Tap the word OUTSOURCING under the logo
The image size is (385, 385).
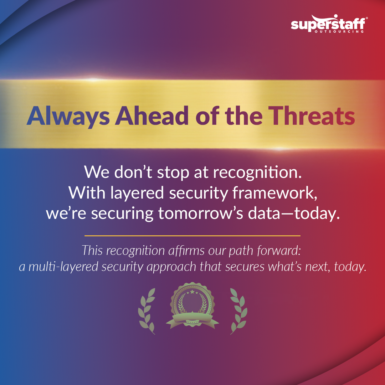(x=339, y=32)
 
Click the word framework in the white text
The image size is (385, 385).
(x=275, y=193)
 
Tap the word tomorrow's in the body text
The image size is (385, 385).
(x=201, y=213)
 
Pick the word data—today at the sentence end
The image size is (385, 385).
(x=294, y=214)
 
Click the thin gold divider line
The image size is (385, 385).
(x=192, y=236)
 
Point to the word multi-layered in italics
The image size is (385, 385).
(x=63, y=267)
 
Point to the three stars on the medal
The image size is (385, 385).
(x=192, y=292)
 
